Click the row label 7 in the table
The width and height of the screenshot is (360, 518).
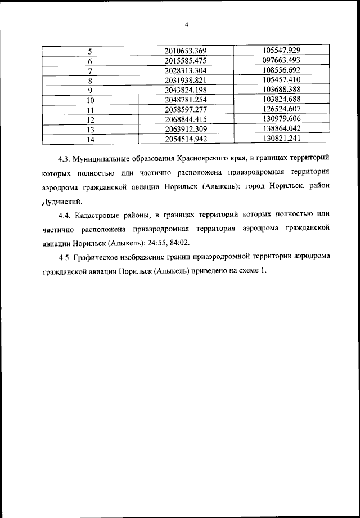pos(90,71)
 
